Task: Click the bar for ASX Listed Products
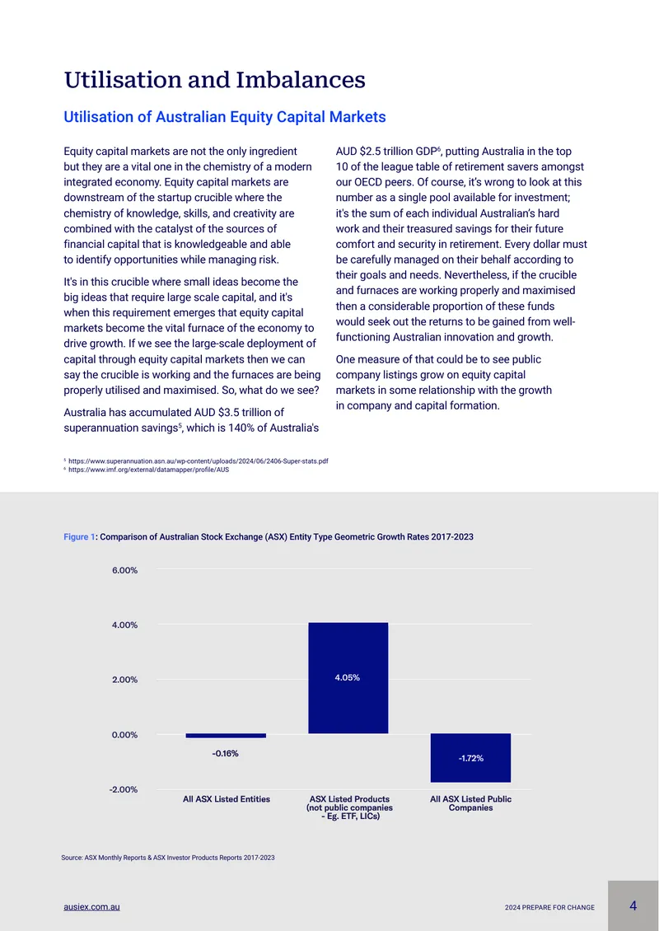click(348, 678)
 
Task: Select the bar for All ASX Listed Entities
click(226, 736)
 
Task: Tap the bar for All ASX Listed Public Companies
click(471, 758)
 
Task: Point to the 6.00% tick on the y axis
click(124, 570)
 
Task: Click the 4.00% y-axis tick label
click(124, 625)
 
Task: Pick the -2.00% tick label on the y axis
click(123, 789)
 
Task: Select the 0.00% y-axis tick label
click(124, 734)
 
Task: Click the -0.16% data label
click(225, 754)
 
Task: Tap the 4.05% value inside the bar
click(348, 678)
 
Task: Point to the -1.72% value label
click(471, 758)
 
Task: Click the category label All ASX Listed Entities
click(227, 799)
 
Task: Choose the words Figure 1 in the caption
click(79, 536)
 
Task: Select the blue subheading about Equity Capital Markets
click(224, 117)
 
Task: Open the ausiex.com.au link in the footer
click(92, 907)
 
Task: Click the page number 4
click(633, 906)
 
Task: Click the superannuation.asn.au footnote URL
click(199, 461)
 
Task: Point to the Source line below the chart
click(168, 858)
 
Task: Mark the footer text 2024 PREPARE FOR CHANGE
click(549, 908)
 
